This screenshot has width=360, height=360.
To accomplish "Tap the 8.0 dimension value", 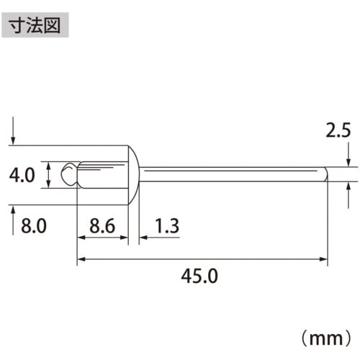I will [x=32, y=227].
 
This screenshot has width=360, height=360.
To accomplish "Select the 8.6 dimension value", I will [x=102, y=226].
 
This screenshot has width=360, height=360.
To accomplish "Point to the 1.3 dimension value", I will [x=166, y=226].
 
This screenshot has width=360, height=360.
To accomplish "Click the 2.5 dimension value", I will [x=338, y=131].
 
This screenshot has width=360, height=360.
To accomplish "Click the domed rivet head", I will [x=133, y=174].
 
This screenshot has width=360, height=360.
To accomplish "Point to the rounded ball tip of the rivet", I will [x=68, y=174].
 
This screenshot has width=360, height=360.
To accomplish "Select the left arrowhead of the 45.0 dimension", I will [x=81, y=257].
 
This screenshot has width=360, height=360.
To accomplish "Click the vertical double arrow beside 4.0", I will [x=48, y=174].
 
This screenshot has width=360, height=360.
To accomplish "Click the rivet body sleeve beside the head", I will [x=101, y=174].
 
